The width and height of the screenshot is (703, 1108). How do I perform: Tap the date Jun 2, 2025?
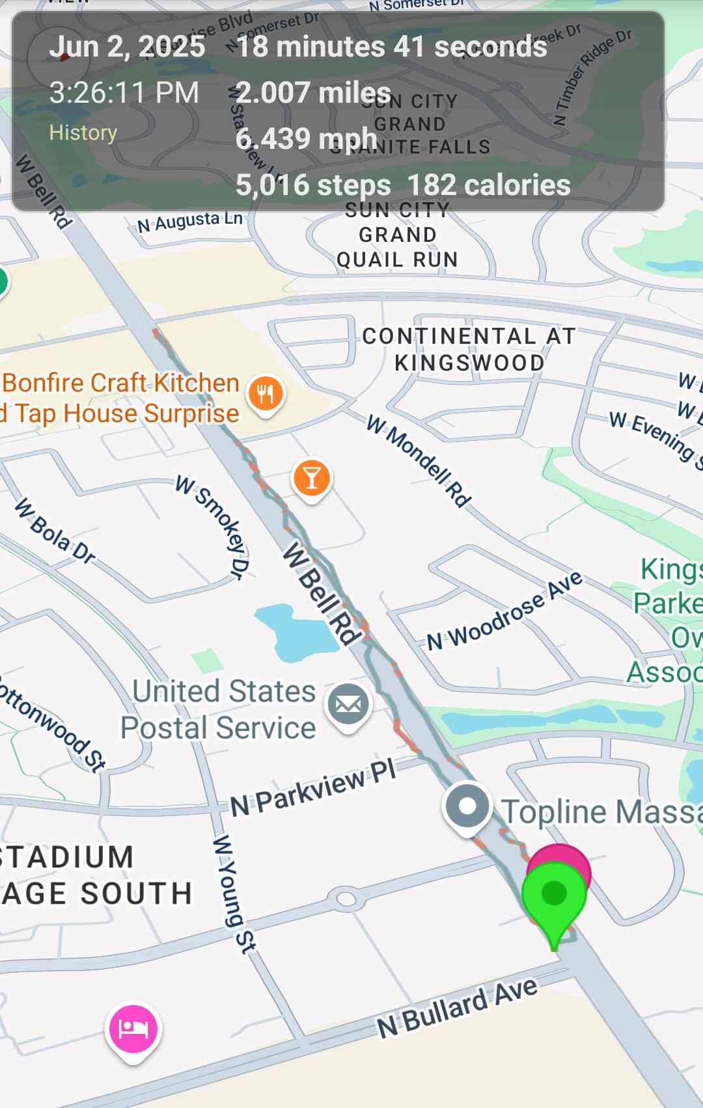point(127,47)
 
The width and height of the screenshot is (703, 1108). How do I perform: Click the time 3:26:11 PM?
point(124,92)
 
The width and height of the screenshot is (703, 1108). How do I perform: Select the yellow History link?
point(83,133)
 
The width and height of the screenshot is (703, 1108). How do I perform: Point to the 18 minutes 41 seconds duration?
point(391,47)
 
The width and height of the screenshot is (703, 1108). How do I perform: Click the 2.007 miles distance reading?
point(313,92)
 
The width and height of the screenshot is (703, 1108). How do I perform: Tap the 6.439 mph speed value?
point(306,138)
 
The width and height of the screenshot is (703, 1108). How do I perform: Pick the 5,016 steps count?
point(313,185)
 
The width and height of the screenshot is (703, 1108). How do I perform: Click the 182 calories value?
point(489,185)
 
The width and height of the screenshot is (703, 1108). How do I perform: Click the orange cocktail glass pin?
point(312,478)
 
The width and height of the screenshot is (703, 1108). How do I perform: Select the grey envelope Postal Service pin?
point(348,705)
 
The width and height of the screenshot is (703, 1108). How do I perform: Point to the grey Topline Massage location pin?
point(467,807)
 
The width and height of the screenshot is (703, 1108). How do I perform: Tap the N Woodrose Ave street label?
point(504,611)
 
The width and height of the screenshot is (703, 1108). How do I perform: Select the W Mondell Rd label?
point(419,461)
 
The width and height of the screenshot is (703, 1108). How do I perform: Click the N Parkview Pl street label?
point(313,788)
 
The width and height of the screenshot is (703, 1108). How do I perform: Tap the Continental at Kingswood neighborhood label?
point(469,349)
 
